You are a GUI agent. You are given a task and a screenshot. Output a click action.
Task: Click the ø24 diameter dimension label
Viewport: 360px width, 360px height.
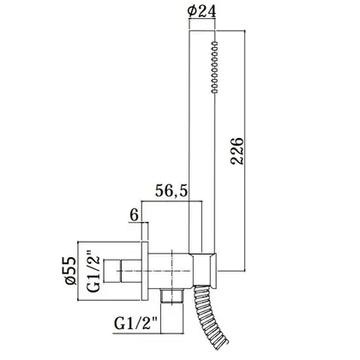[x=201, y=11]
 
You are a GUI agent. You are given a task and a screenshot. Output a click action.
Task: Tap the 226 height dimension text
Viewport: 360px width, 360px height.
[x=237, y=151]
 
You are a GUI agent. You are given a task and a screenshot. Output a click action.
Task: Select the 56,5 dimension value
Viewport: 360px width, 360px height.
[x=171, y=190]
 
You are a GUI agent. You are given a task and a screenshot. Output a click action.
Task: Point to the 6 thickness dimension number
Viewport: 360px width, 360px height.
[x=134, y=215]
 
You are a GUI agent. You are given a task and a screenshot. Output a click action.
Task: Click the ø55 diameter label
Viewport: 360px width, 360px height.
[x=70, y=271]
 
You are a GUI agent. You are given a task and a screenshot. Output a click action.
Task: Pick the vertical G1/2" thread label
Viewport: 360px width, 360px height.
[x=93, y=272]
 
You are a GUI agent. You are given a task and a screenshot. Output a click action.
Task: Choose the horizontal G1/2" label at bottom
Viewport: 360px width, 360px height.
[x=136, y=323]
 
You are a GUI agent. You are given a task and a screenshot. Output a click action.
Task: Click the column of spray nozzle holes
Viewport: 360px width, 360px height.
[x=214, y=67]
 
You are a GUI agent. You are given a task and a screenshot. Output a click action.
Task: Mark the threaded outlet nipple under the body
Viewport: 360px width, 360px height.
[x=171, y=296]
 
